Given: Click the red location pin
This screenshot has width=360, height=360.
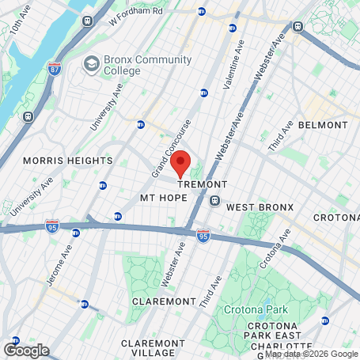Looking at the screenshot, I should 180,162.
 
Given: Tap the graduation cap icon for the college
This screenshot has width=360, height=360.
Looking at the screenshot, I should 92,63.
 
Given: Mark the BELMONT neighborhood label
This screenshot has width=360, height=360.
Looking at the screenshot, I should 323,125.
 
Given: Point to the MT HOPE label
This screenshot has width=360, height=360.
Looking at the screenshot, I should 162,196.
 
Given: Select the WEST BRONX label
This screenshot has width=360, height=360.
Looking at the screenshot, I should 260,207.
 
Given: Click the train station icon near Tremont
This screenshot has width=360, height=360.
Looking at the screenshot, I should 214,201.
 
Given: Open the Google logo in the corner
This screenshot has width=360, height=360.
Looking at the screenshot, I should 26,350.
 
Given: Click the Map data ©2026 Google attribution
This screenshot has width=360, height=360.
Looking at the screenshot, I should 310,354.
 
